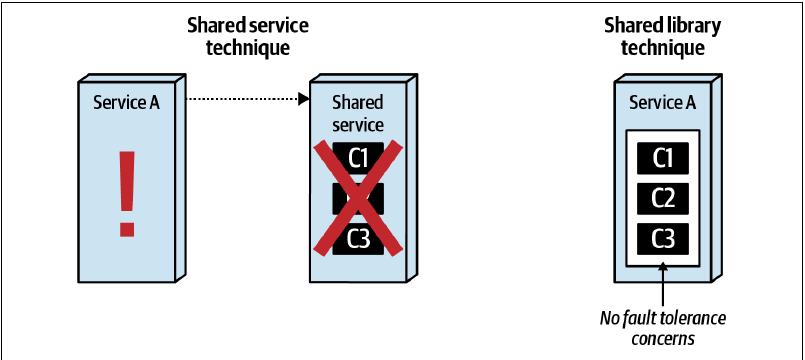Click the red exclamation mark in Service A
(127, 194)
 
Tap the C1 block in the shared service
(358, 158)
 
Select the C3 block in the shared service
(358, 239)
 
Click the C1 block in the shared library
(662, 158)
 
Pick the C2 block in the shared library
(662, 198)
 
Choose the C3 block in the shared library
(662, 239)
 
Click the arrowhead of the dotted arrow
(304, 99)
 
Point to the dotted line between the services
(243, 99)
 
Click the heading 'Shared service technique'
(248, 36)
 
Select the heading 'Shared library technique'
(662, 36)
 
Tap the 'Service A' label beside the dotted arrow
(126, 103)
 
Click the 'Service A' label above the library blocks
(662, 103)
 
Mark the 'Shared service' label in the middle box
(358, 113)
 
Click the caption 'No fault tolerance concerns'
(663, 328)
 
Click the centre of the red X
(358, 198)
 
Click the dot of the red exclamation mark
(127, 229)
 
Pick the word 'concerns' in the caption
(663, 339)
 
